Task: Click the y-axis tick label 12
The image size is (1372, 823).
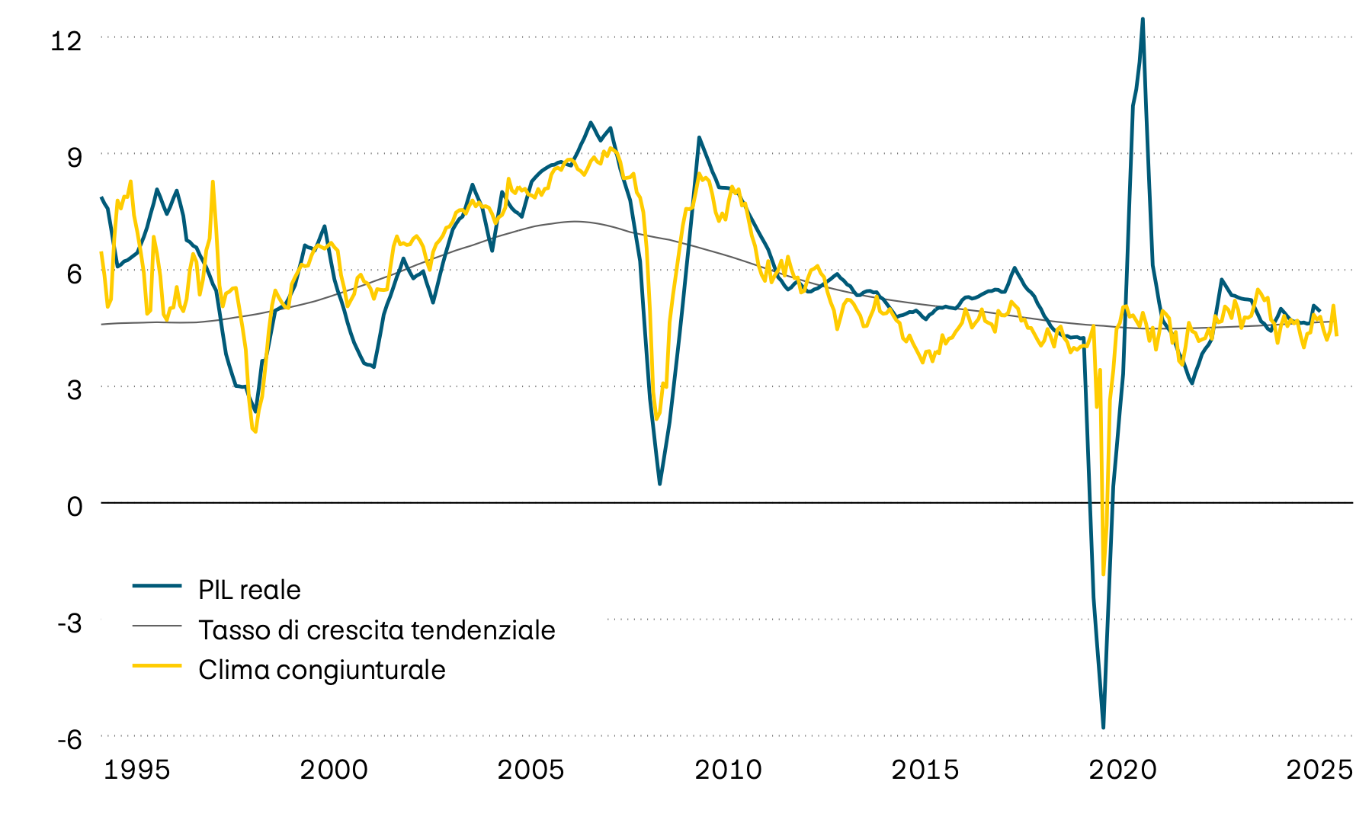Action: click(66, 40)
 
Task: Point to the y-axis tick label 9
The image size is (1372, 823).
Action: click(74, 157)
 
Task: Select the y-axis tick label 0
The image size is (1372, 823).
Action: click(74, 506)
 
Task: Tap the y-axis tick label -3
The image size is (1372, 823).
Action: click(69, 623)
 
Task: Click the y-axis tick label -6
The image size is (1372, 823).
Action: click(69, 739)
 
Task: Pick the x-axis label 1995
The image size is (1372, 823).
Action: click(136, 770)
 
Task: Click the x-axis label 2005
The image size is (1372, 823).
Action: click(531, 770)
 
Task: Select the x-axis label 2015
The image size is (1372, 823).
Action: click(925, 770)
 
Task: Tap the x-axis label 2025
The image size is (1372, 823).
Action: click(1319, 770)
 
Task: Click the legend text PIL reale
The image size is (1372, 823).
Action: click(249, 590)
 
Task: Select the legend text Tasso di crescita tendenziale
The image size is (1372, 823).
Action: click(377, 630)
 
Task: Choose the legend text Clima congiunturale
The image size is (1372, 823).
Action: click(322, 670)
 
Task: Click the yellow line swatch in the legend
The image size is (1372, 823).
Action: click(157, 665)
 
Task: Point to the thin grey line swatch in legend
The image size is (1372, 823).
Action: click(157, 626)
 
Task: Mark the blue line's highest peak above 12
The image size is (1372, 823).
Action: click(1143, 19)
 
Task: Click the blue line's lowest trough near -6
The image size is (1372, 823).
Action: click(1103, 728)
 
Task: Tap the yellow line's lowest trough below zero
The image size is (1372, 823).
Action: click(1103, 575)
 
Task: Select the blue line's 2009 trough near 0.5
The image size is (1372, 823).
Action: click(659, 484)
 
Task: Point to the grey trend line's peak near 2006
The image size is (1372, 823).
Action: click(574, 222)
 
